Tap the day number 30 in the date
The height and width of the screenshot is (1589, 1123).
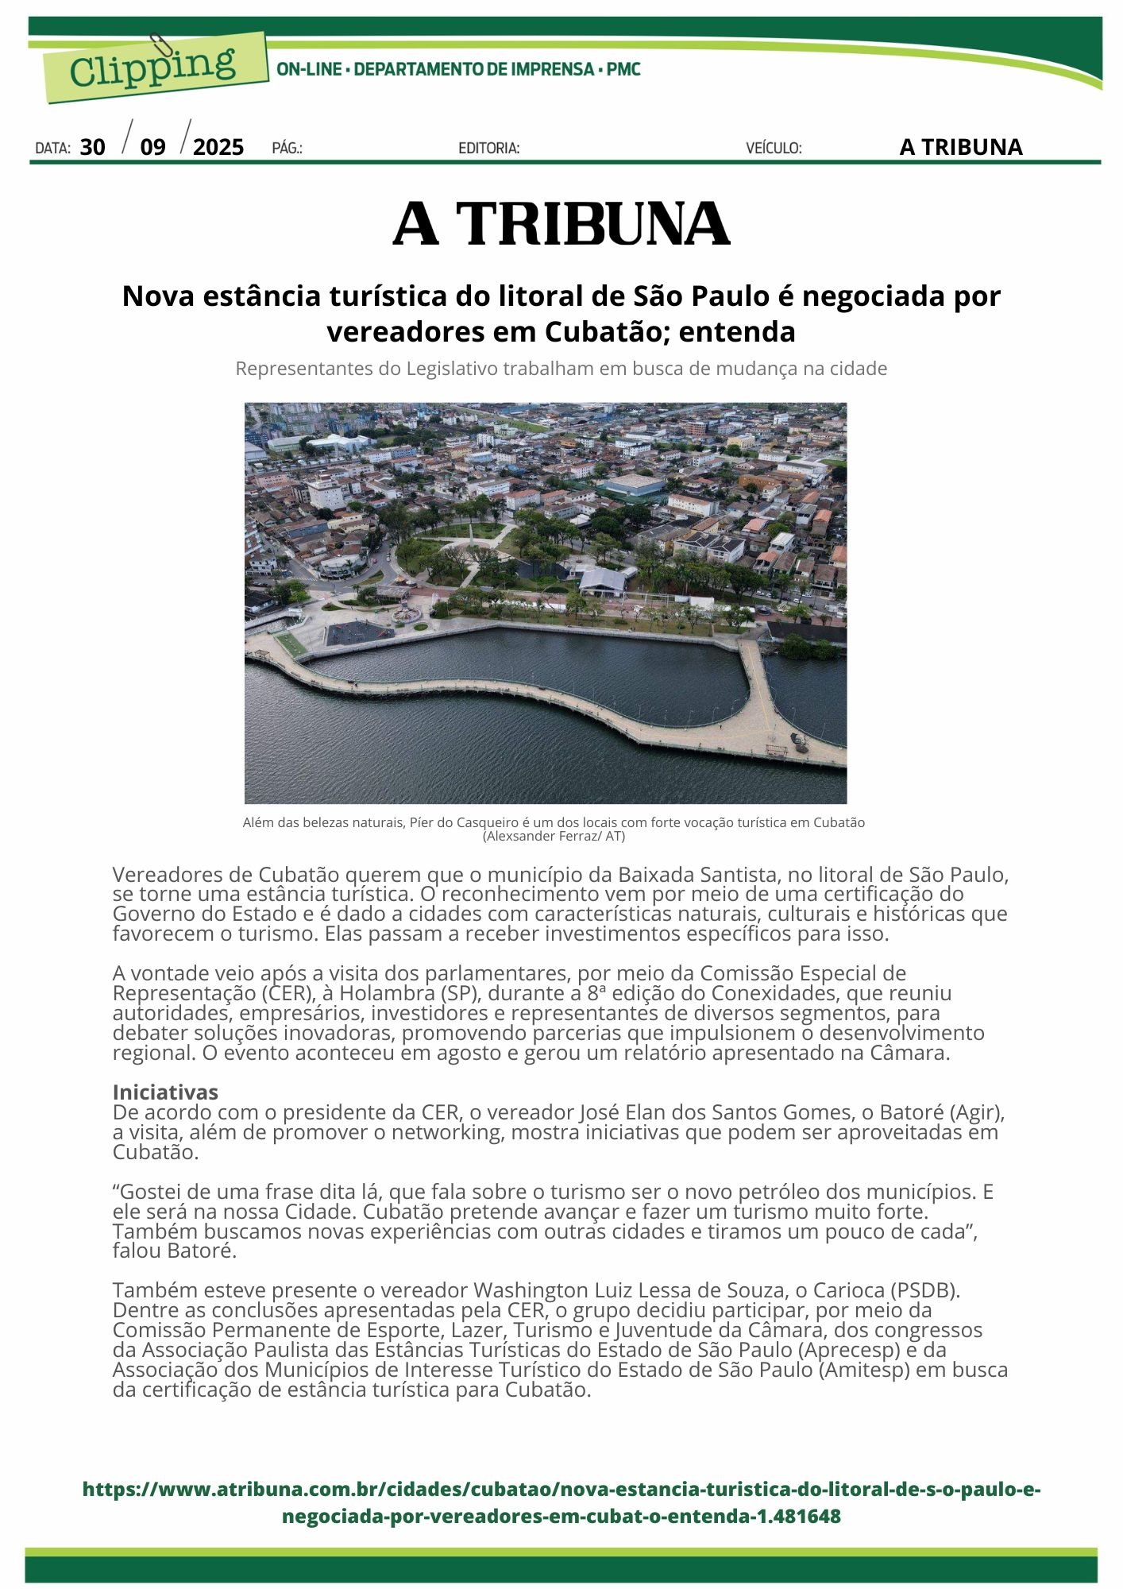93,147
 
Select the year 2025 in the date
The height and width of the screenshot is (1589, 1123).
218,147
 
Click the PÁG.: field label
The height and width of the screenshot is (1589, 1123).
287,148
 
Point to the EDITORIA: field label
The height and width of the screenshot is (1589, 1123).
488,148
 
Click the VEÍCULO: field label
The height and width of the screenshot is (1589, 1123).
774,148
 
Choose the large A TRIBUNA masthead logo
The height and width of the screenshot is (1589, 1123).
561,223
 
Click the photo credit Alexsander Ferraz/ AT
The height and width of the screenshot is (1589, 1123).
554,837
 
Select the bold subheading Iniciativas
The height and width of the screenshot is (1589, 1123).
165,1092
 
